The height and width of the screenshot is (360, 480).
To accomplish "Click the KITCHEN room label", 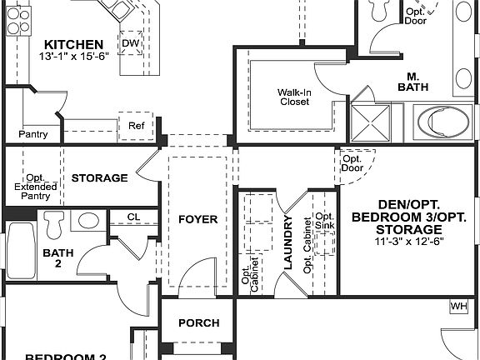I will [74, 44].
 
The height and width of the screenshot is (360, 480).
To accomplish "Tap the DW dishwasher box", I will [131, 43].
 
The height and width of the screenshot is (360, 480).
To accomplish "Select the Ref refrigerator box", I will [135, 126].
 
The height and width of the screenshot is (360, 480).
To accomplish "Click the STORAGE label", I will [99, 177].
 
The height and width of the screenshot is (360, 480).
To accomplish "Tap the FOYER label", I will [198, 220].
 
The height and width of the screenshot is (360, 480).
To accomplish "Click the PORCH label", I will [199, 322].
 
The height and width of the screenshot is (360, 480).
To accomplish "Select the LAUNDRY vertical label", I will [288, 242].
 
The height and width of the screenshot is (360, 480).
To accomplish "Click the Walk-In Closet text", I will [293, 97].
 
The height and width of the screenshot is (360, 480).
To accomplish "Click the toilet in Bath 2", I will [55, 223].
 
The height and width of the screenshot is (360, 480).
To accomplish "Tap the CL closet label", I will [133, 217].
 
